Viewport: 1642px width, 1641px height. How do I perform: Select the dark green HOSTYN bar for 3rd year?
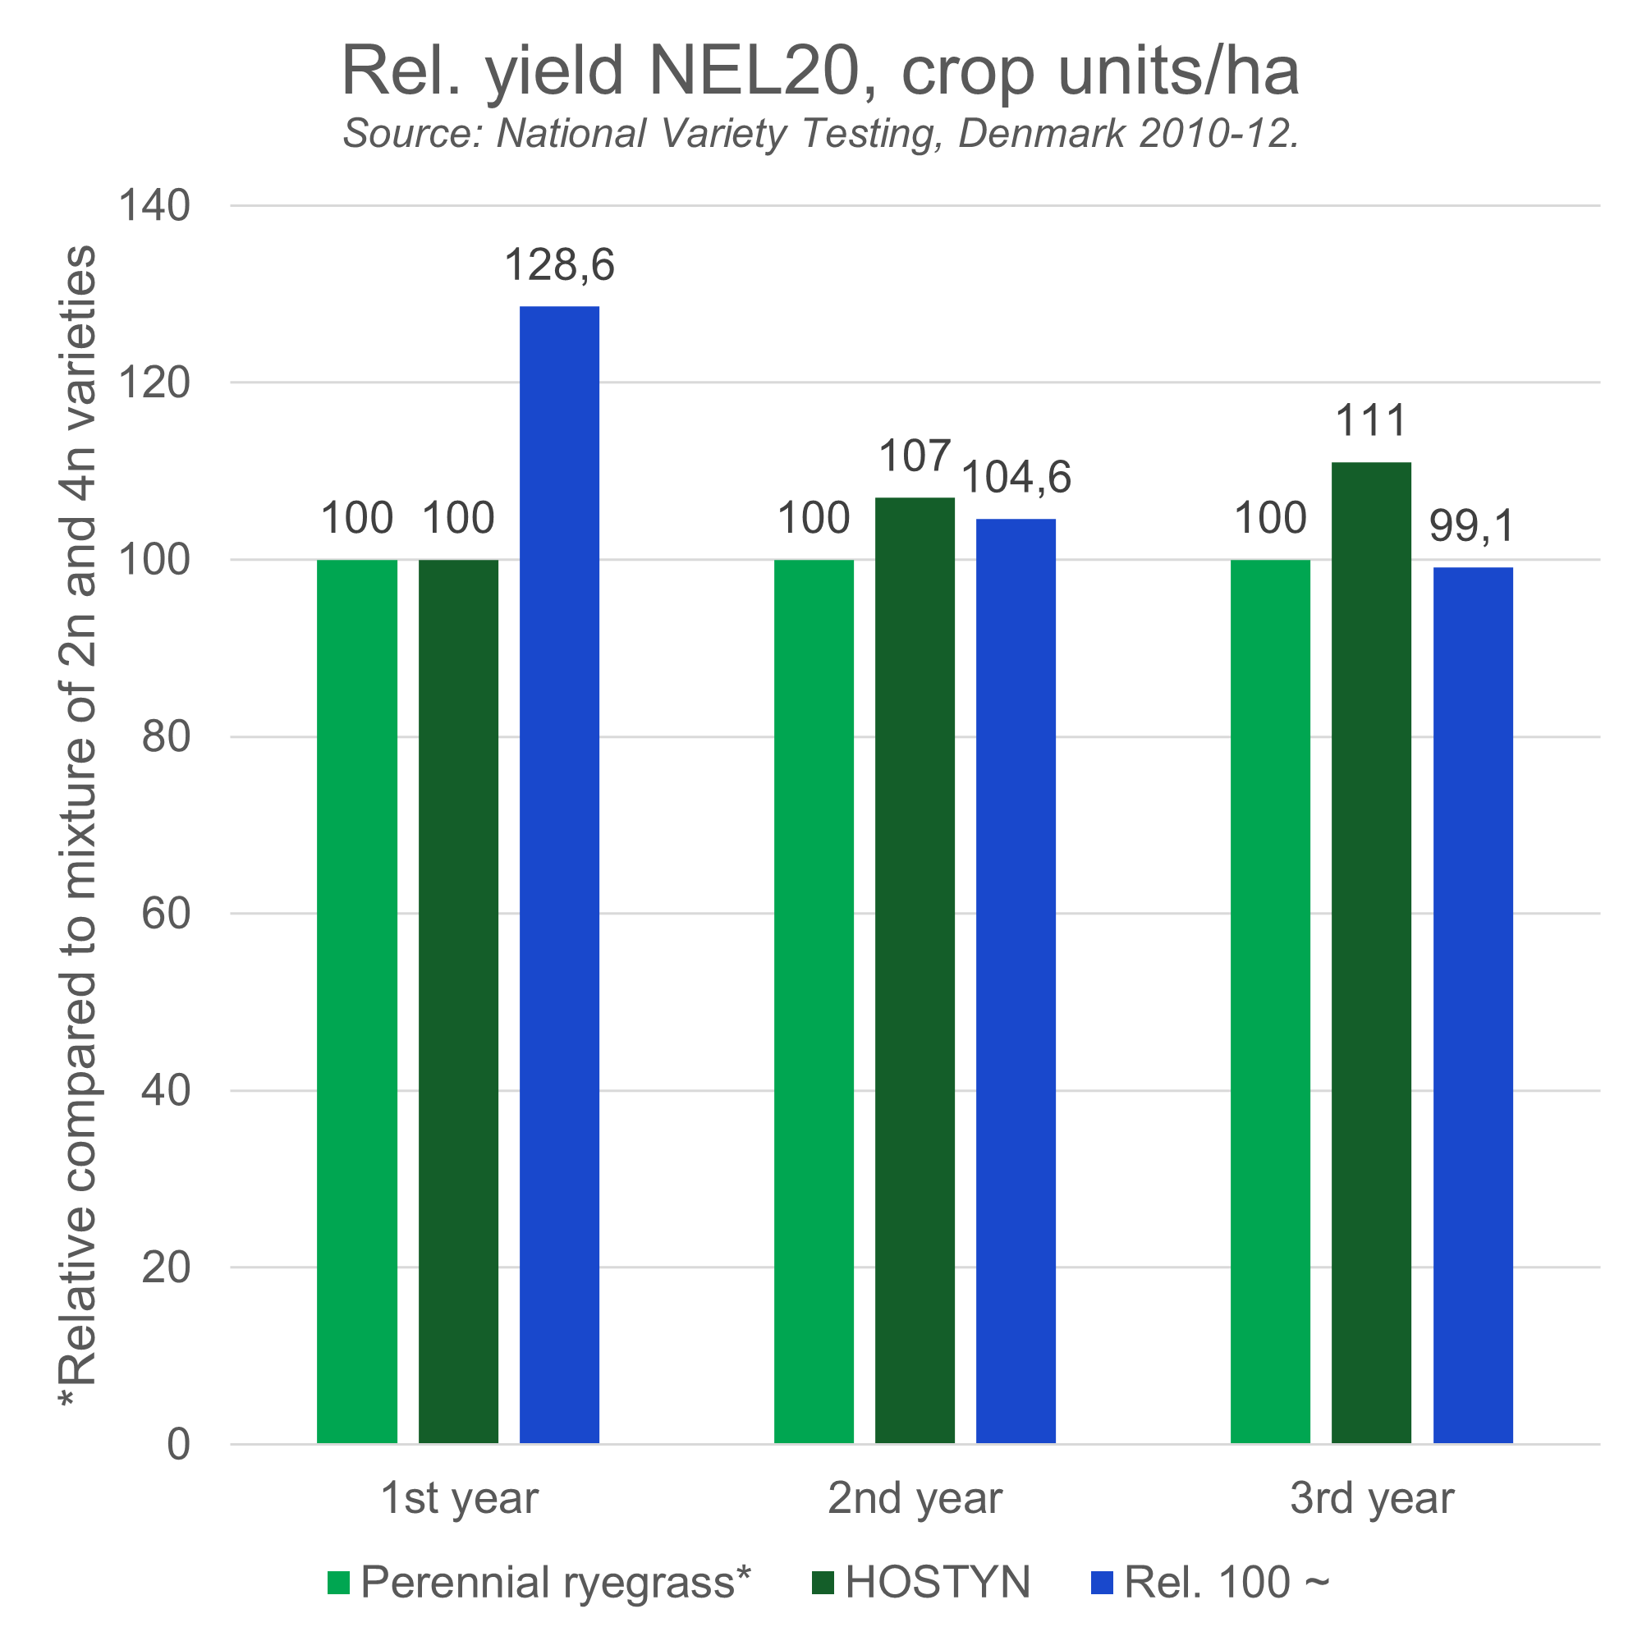click(1371, 951)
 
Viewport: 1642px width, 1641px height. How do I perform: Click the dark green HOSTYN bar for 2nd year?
click(915, 969)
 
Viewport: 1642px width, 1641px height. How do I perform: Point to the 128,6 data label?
click(559, 265)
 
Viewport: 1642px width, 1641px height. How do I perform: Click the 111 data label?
click(1371, 421)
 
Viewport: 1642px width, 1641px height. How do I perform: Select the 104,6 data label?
click(1016, 478)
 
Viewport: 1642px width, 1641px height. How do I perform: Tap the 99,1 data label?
click(1471, 527)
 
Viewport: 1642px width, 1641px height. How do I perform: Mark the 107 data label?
click(914, 457)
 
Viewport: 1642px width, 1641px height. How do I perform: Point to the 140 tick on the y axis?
click(154, 206)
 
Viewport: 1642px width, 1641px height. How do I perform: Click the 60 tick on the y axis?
click(165, 914)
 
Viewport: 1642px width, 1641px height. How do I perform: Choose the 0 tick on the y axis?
click(177, 1444)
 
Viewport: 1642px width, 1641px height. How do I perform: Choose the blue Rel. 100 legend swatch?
click(1102, 1584)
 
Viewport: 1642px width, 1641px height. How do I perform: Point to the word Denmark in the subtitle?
click(1042, 134)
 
